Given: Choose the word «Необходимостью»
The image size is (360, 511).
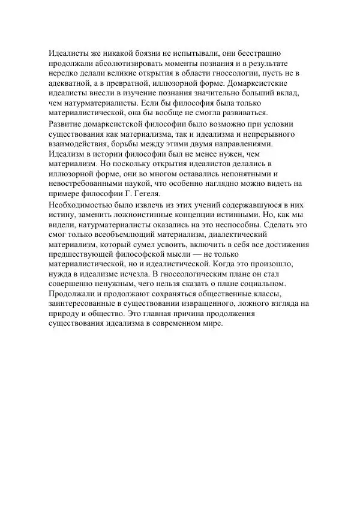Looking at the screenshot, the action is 77,205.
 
